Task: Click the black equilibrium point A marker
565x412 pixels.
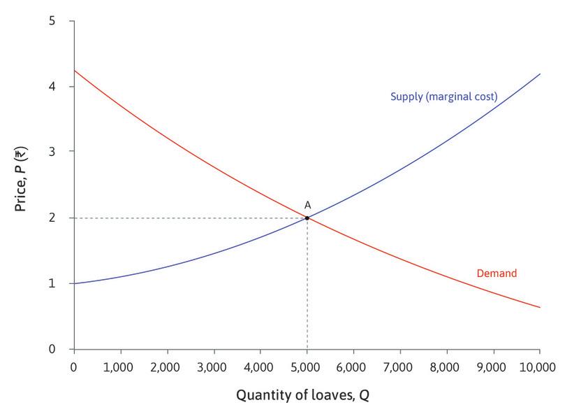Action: coord(307,218)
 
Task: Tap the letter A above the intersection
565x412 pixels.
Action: coord(307,205)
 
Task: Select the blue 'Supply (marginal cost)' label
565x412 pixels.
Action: coord(443,97)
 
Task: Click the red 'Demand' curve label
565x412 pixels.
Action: coord(496,274)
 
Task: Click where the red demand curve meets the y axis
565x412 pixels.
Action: coord(74,71)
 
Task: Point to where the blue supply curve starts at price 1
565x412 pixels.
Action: coord(74,283)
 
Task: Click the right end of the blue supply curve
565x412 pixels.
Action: coord(539,74)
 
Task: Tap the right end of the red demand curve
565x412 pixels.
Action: coord(539,307)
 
